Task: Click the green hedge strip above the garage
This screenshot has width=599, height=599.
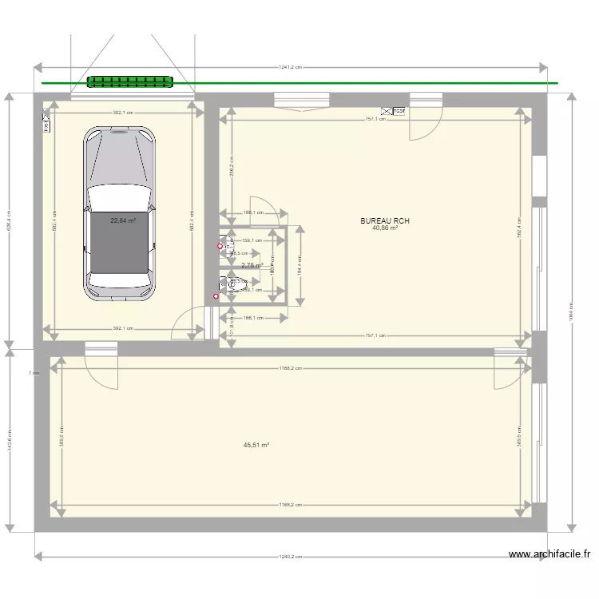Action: (130, 81)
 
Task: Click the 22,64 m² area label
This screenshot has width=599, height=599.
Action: (123, 221)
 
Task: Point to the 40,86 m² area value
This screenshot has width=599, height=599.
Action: (384, 228)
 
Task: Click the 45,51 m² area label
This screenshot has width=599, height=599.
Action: (256, 446)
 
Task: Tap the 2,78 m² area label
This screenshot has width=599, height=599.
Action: (252, 266)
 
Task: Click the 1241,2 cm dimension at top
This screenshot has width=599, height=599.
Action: (290, 67)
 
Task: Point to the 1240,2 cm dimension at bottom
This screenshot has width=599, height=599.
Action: (289, 557)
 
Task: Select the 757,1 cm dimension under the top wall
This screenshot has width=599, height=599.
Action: (376, 119)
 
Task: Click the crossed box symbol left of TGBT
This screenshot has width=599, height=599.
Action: (387, 111)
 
